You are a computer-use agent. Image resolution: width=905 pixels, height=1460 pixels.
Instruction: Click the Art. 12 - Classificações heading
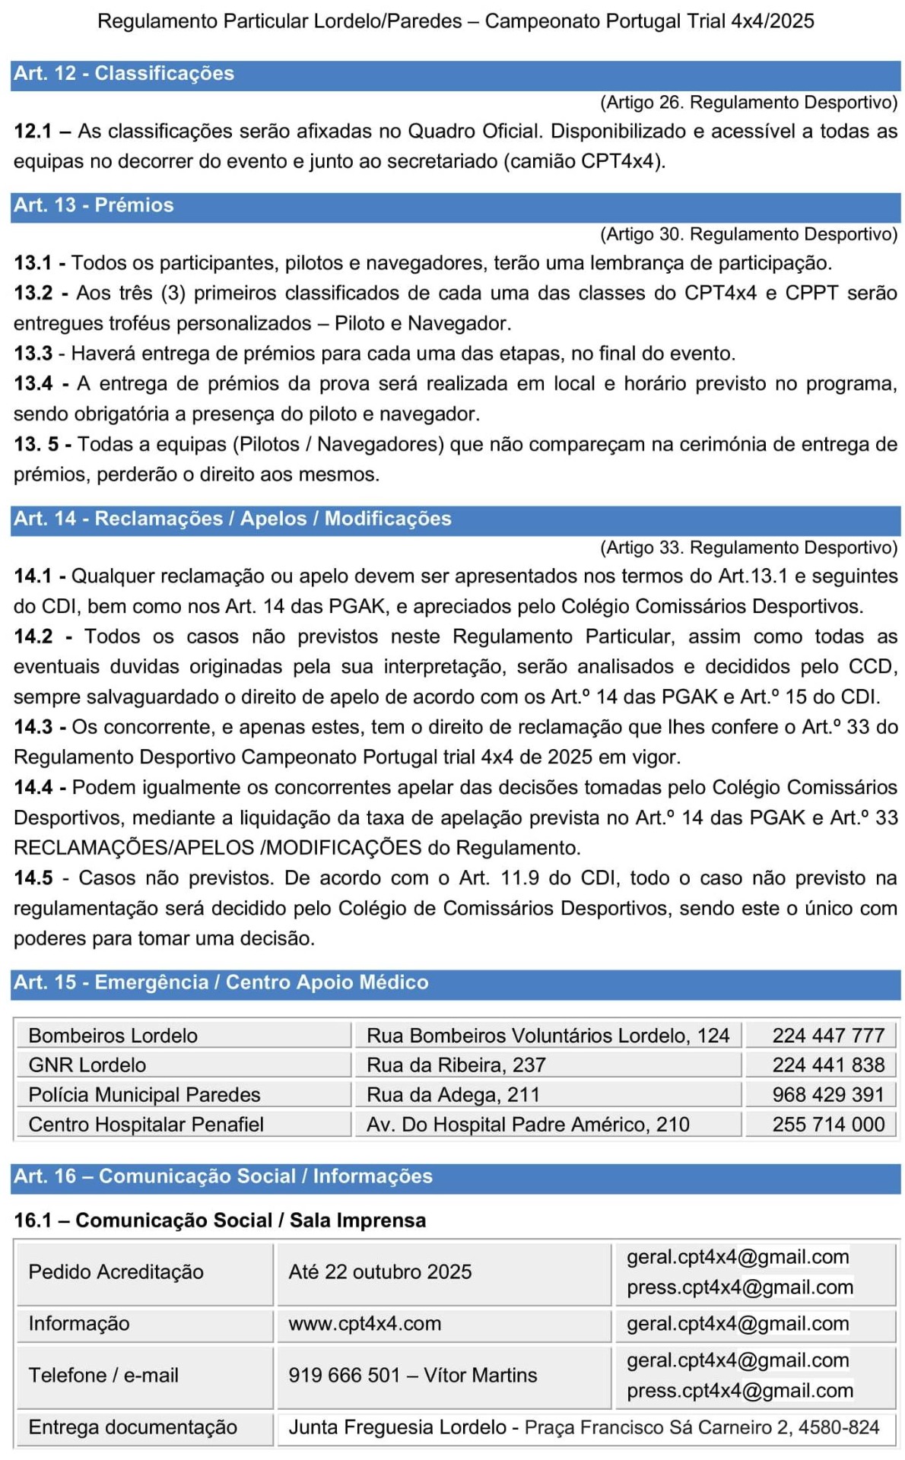124,74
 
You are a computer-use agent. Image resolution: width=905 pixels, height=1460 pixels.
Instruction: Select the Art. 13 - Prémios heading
94,205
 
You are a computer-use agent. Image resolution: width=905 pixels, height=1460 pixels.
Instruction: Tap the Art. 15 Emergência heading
221,982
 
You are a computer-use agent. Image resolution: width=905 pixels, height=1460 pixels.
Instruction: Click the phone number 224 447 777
828,1036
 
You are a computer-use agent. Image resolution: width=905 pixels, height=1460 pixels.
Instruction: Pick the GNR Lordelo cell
87,1065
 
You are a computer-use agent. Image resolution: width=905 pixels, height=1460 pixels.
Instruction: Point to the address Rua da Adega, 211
453,1095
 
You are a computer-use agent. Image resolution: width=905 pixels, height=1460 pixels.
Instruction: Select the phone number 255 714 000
828,1125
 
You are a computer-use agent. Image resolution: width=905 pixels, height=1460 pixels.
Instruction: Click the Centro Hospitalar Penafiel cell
146,1125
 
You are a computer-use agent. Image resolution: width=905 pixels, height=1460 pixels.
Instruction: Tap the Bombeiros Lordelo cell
113,1036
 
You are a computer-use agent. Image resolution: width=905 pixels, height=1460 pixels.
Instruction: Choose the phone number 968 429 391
828,1095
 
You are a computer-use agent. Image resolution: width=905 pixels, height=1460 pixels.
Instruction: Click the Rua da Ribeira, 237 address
456,1065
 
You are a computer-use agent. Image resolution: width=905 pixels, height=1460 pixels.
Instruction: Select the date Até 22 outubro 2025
380,1272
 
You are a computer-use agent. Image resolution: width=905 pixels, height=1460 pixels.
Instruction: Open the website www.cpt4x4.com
365,1324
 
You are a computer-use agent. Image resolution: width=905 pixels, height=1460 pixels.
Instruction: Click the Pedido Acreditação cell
116,1272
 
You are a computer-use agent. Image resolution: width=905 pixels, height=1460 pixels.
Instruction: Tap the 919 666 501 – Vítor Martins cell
413,1376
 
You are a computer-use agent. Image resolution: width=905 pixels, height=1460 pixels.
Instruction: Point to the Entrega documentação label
133,1427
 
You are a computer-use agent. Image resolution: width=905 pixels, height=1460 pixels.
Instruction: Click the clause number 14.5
33,878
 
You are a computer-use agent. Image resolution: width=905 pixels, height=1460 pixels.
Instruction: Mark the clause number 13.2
33,294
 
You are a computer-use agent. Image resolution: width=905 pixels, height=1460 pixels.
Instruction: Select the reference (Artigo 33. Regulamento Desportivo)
748,547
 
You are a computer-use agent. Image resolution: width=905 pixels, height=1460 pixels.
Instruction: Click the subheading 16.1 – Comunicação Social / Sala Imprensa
220,1220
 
